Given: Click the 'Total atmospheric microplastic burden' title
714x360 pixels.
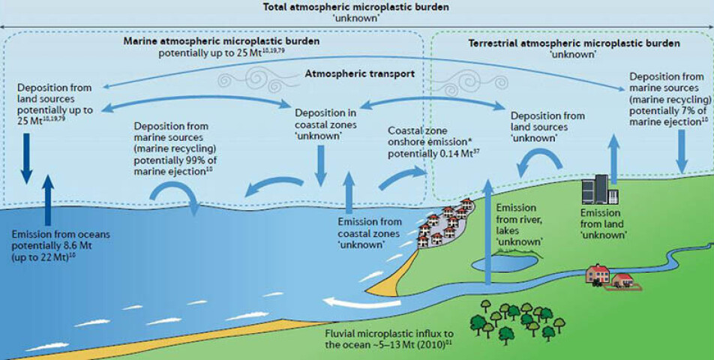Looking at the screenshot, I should pos(356,7).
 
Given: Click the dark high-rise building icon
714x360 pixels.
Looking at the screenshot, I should pos(599,188).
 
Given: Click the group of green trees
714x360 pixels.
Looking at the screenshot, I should pos(517,319).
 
